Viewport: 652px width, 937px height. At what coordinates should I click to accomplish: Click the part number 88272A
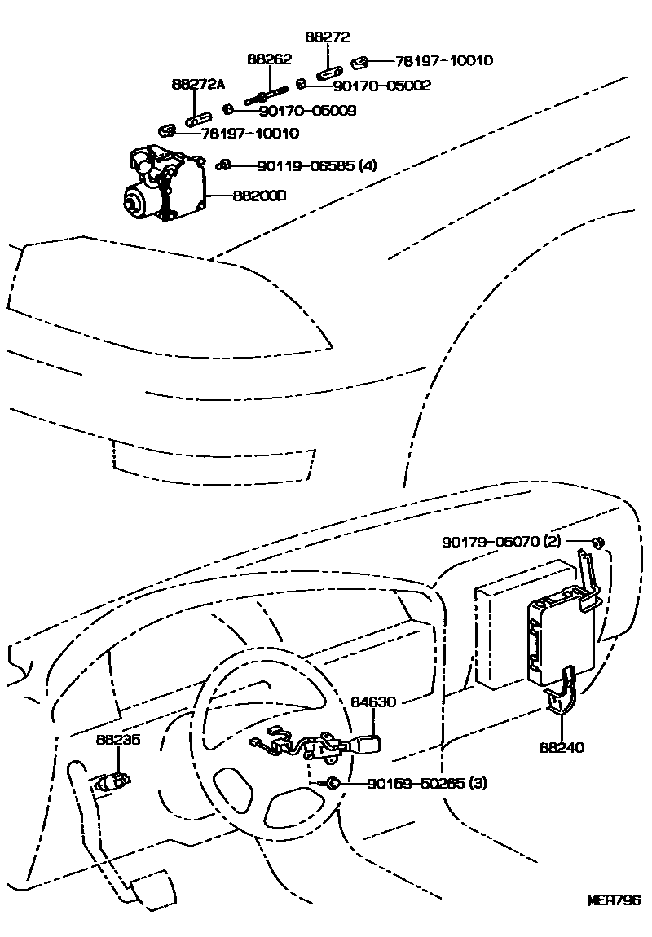198,85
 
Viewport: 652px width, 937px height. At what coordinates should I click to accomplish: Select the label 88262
269,59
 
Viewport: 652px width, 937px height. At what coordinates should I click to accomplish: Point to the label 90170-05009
297,110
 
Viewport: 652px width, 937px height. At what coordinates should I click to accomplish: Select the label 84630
373,702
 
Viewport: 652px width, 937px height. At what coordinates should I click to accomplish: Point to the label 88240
562,747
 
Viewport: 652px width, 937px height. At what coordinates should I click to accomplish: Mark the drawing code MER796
615,901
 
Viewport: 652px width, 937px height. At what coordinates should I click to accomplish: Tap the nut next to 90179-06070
597,543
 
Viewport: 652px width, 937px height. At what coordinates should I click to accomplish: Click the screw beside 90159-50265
333,784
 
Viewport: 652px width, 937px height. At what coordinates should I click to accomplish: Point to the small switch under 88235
112,783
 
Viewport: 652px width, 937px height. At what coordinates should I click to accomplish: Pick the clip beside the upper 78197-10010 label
361,61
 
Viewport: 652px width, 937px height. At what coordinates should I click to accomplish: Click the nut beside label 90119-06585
224,165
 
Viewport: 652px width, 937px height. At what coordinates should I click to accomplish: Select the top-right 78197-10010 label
444,60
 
